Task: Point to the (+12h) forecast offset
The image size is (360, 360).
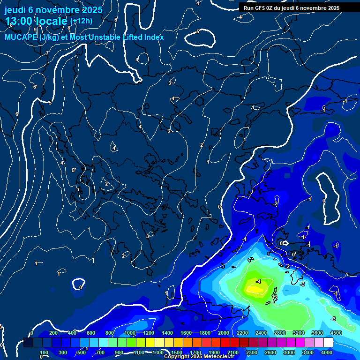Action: click(x=81, y=21)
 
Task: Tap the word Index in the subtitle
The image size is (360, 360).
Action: click(x=154, y=37)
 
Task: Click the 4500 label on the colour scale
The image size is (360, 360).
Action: click(x=336, y=333)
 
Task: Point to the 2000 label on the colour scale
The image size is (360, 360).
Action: click(x=223, y=333)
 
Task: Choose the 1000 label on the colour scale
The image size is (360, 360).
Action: click(x=129, y=333)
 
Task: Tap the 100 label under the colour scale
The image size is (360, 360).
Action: click(x=45, y=352)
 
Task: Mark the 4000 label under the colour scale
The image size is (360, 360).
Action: click(x=327, y=352)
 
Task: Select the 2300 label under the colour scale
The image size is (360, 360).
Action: click(x=251, y=352)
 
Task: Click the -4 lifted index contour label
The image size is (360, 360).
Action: click(x=258, y=281)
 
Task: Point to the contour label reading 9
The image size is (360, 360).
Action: click(x=35, y=30)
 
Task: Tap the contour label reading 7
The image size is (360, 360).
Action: click(x=47, y=53)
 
